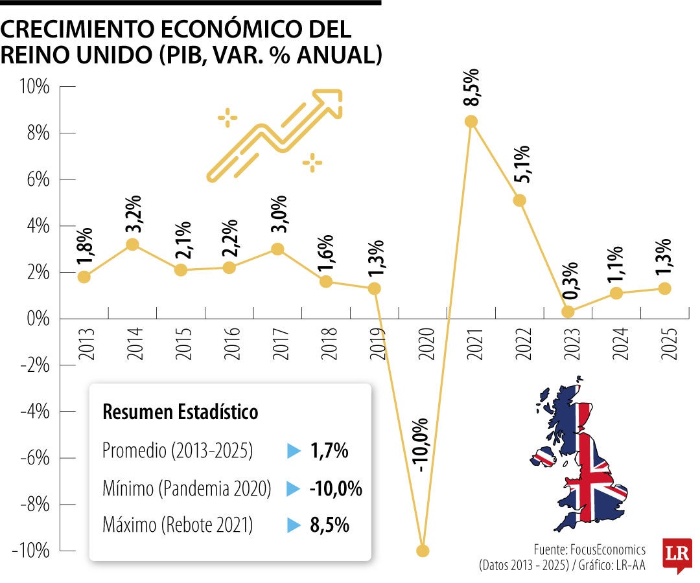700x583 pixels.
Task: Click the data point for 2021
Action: [x=471, y=121]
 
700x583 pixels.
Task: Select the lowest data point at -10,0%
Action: [x=423, y=551]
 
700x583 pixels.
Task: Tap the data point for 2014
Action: [x=132, y=244]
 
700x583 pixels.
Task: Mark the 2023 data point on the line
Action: [x=568, y=312]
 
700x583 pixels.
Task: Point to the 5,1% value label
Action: [x=521, y=164]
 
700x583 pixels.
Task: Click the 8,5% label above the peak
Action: [x=471, y=87]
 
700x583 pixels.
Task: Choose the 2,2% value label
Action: [x=230, y=238]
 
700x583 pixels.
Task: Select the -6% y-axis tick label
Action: [x=35, y=458]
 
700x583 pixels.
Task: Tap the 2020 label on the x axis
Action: [x=426, y=343]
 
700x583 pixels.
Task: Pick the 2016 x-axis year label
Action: [x=232, y=343]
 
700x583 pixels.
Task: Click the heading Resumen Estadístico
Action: [x=180, y=412]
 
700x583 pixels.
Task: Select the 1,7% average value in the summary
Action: [x=329, y=450]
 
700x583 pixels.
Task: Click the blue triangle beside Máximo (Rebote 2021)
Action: [x=294, y=525]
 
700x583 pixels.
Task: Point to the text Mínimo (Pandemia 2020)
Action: [x=187, y=488]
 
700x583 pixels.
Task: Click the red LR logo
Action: [x=677, y=554]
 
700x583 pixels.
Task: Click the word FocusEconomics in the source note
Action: [x=608, y=549]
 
